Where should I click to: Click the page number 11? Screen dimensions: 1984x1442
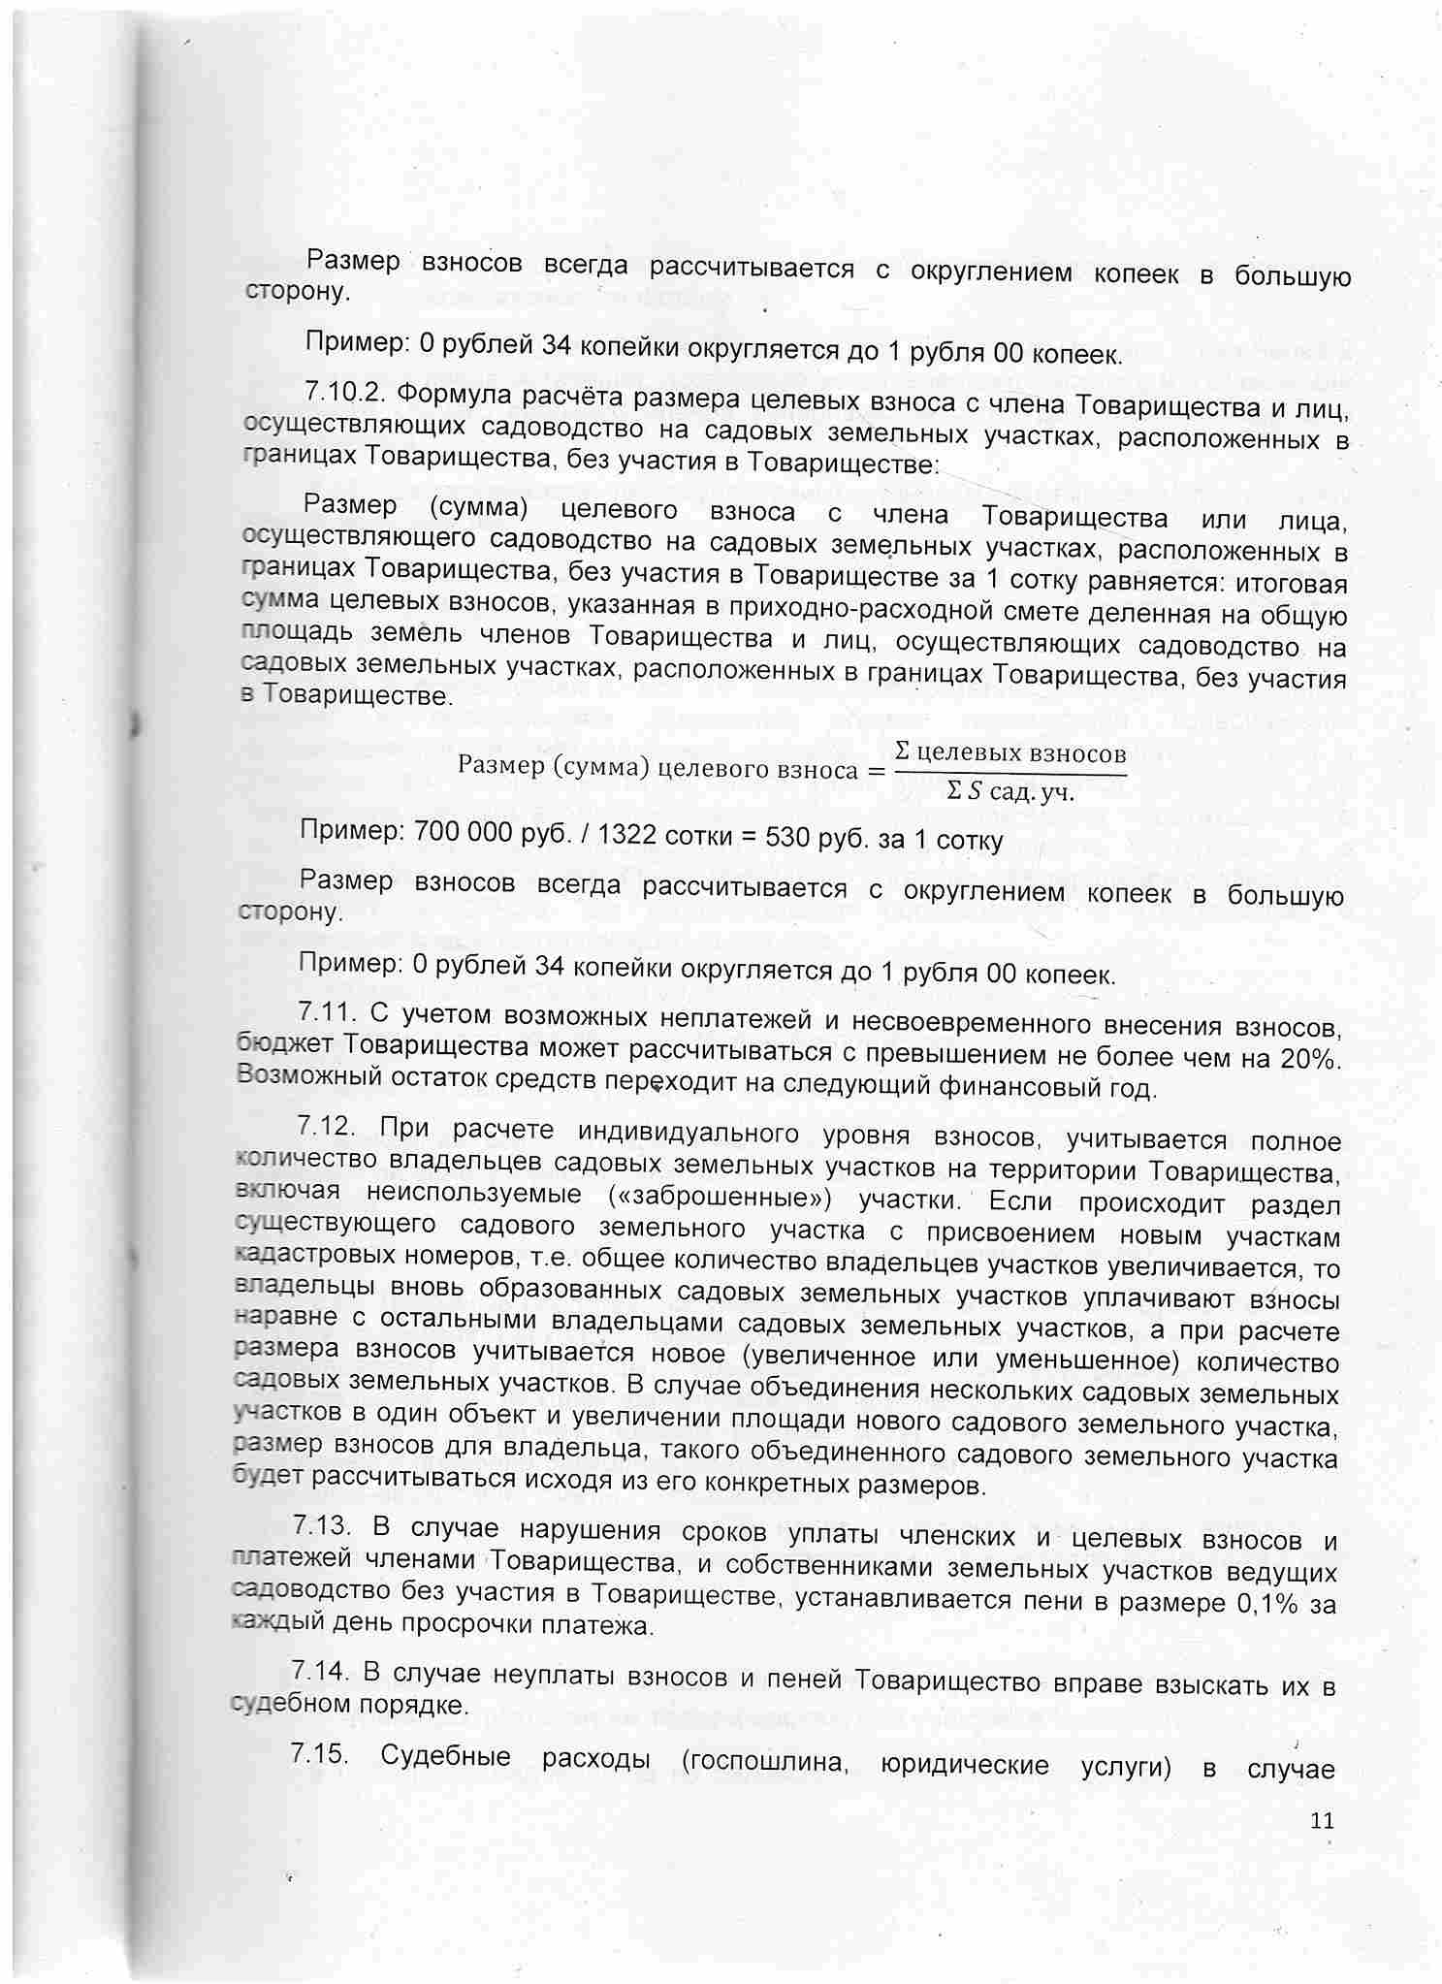point(1322,1820)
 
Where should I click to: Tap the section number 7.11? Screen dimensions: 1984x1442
point(325,1013)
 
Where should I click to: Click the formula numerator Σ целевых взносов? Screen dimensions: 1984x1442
point(1009,752)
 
